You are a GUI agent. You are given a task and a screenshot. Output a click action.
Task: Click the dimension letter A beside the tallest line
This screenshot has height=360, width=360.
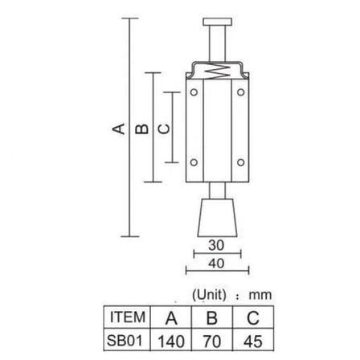click(x=118, y=129)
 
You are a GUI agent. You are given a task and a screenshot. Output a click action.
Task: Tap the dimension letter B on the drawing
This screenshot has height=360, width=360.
click(x=141, y=129)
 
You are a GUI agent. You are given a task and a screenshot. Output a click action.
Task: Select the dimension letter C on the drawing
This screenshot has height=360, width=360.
click(x=164, y=129)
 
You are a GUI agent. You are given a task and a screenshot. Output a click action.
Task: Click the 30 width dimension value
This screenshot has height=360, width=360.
click(x=216, y=245)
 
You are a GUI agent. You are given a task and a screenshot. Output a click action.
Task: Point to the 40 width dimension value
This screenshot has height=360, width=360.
click(x=216, y=264)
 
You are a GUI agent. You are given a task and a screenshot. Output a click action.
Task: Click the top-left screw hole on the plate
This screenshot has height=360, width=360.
click(x=194, y=92)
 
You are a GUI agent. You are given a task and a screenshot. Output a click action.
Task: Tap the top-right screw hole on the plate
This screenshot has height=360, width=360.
click(x=241, y=92)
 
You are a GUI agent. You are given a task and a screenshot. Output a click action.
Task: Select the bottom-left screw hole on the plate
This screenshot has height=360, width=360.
click(x=194, y=162)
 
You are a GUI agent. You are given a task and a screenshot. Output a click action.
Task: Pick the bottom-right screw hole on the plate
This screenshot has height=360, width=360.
click(x=241, y=162)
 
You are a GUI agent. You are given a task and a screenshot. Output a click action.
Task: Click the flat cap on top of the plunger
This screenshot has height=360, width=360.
click(x=217, y=22)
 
